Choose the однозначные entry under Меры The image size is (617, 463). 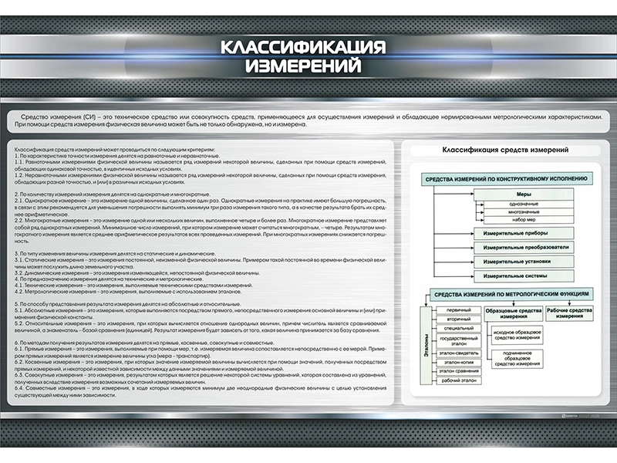[524, 204]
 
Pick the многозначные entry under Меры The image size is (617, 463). [524, 211]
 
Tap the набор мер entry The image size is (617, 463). [524, 220]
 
